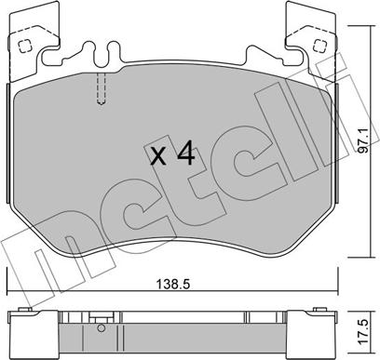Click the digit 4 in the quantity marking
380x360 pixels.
(185, 154)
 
